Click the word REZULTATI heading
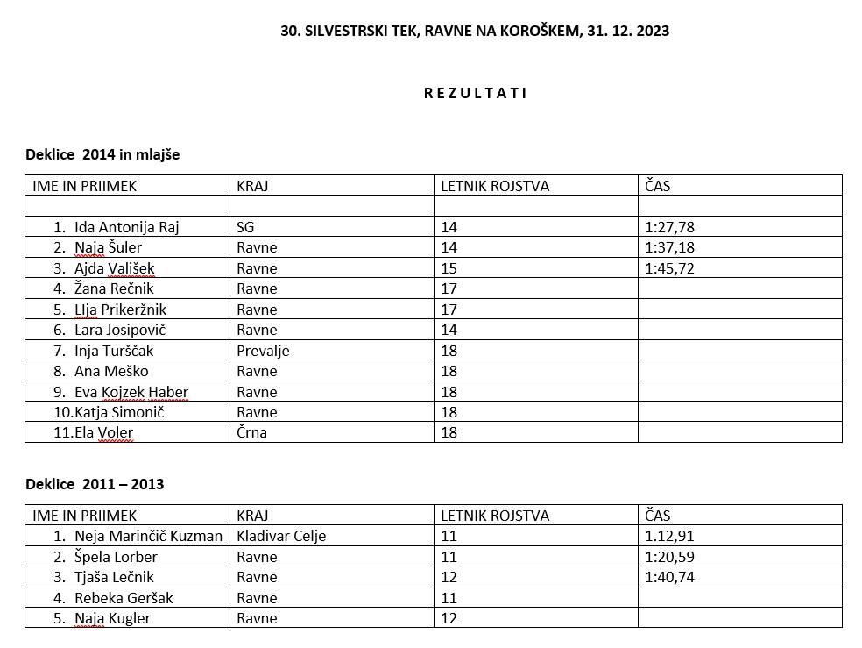476,93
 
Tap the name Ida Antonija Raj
126,227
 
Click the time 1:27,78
669,227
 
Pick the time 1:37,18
669,247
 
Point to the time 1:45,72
669,268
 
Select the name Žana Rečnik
114,288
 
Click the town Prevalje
263,351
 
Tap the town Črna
251,432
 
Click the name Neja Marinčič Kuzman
148,536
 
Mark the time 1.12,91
669,536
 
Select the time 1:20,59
669,557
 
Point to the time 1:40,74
669,577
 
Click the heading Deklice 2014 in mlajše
102,154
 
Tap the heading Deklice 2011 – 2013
95,484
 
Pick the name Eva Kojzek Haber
131,392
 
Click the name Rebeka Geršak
124,598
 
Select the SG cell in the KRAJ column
245,227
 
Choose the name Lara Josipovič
120,330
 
